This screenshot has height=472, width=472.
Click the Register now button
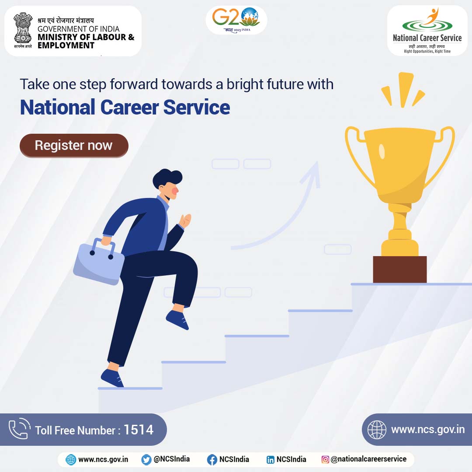pos(74,146)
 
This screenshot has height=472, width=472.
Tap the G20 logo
pos(236,19)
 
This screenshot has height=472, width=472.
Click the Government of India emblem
pos(23,31)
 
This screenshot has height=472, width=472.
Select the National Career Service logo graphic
pos(427,21)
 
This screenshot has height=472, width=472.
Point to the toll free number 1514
pos(139,430)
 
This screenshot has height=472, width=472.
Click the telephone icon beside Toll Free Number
pos(20,429)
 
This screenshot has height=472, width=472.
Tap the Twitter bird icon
pos(146,460)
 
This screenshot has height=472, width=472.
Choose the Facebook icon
pos(212,460)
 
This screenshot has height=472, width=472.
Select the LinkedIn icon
pos(271,460)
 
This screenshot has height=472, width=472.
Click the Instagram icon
pos(325,459)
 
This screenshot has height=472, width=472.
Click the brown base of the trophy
pos(400,269)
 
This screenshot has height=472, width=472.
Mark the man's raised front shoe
pos(177,320)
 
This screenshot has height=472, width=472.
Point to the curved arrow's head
pos(312,174)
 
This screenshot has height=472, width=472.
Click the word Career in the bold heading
pos(129,108)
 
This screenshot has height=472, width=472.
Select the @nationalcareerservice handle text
pos(368,459)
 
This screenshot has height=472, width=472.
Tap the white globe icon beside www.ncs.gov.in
pos(377,430)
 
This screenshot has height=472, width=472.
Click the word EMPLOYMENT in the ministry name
pos(66,45)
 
